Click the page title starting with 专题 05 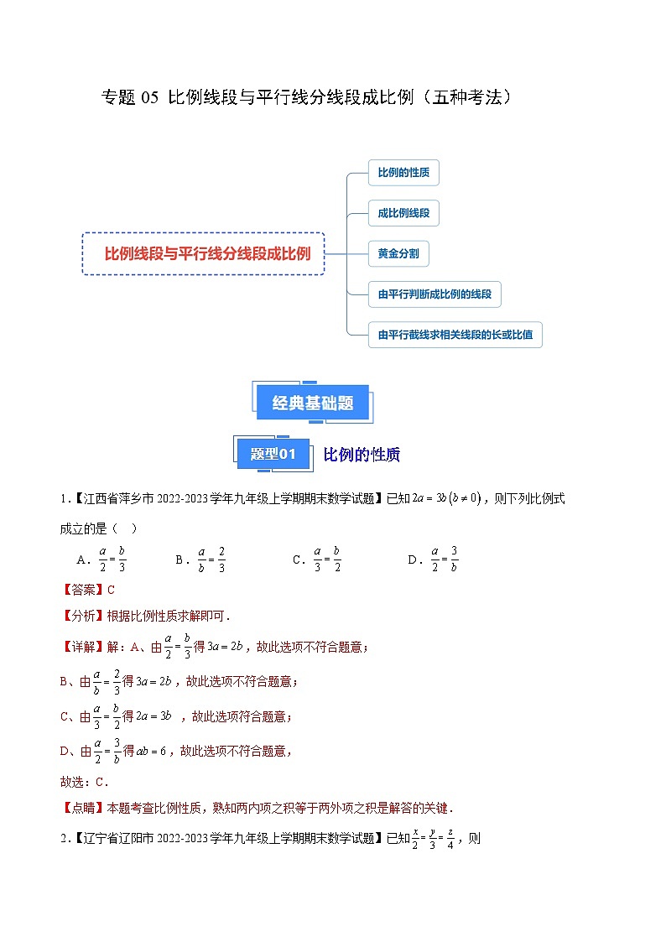(306, 97)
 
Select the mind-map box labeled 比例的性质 (403, 173)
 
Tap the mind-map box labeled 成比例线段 (403, 213)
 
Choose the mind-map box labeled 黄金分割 (398, 253)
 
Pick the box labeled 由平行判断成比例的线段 (434, 294)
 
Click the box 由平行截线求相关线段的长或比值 (455, 336)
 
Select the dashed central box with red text (203, 253)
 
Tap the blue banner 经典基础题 (313, 403)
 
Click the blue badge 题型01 (273, 454)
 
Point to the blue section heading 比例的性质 (362, 455)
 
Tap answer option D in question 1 (433, 559)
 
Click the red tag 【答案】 (83, 590)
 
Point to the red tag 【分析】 (83, 616)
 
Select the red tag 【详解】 (83, 647)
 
